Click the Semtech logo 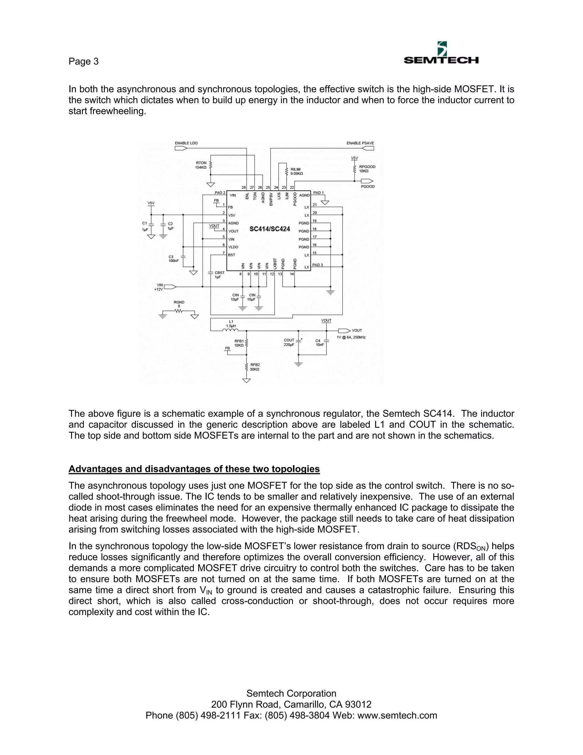pyautogui.click(x=441, y=54)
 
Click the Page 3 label pyautogui.click(x=84, y=62)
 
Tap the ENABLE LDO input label pyautogui.click(x=186, y=143)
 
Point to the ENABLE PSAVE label pyautogui.click(x=360, y=143)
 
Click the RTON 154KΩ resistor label pyautogui.click(x=201, y=165)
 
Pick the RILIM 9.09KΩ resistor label pyautogui.click(x=296, y=172)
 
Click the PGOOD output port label pyautogui.click(x=368, y=187)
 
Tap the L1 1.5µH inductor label pyautogui.click(x=231, y=324)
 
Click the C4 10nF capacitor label pyautogui.click(x=319, y=342)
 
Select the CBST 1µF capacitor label pyautogui.click(x=219, y=275)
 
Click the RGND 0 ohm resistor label pyautogui.click(x=179, y=304)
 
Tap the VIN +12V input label pyautogui.click(x=159, y=287)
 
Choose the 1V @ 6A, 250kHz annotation pyautogui.click(x=351, y=337)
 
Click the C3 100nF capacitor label pyautogui.click(x=173, y=259)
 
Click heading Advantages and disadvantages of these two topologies pyautogui.click(x=194, y=469)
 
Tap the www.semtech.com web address pyautogui.click(x=397, y=715)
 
